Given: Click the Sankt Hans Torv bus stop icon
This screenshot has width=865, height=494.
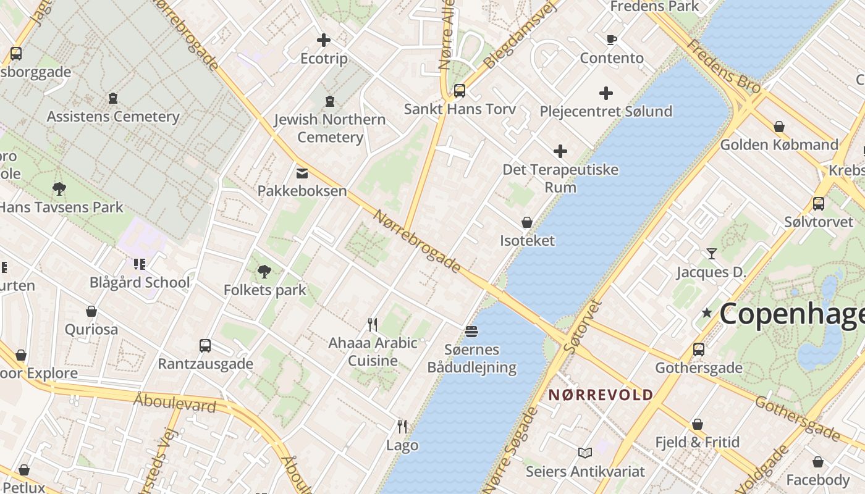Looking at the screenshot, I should [459, 91].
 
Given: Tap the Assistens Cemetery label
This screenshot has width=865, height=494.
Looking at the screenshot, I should [113, 116].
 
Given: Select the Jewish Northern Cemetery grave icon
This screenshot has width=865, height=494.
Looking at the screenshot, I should [330, 101].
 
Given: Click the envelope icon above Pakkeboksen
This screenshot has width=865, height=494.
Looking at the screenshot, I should [302, 174].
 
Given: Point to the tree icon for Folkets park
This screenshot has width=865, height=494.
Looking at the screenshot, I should [264, 271].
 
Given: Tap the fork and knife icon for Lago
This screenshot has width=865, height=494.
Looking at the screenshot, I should [402, 426].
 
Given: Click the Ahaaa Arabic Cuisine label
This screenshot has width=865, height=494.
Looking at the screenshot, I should [373, 351].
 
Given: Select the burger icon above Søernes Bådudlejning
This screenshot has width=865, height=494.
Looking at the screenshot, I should [471, 332].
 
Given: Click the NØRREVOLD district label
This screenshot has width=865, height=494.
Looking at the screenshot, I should [601, 395].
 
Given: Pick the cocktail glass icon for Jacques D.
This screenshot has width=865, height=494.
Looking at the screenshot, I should [711, 254].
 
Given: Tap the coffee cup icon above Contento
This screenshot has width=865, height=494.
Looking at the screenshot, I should [611, 40].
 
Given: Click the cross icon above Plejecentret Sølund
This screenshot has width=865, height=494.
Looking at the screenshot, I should [606, 93].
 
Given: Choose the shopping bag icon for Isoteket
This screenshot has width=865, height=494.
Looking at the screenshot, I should [527, 222].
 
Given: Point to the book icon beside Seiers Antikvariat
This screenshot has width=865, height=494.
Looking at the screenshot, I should [584, 453].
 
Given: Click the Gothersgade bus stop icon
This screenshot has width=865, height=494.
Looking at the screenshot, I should [699, 350].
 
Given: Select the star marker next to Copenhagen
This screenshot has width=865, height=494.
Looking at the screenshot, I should [707, 313].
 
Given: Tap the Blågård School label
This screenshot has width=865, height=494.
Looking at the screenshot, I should [140, 282].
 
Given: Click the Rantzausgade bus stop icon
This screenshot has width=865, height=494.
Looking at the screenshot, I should [205, 346].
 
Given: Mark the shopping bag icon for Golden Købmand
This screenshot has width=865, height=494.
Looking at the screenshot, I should [779, 127].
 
